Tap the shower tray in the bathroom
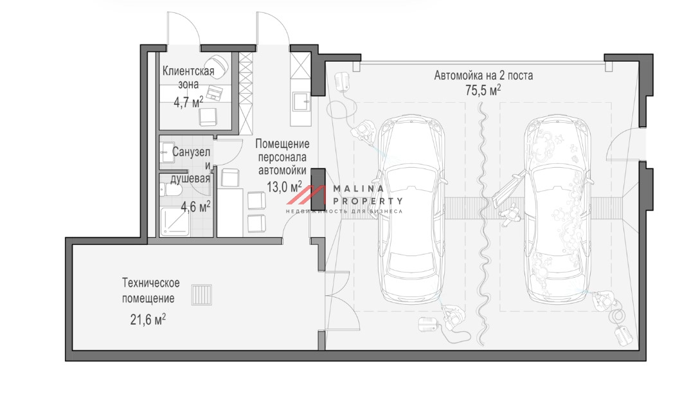(174, 221)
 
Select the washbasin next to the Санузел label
(166, 152)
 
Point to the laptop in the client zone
(215, 93)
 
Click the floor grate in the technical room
(202, 294)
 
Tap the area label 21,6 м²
(148, 319)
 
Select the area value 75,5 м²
(483, 90)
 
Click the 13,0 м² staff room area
(284, 186)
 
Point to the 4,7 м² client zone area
(188, 102)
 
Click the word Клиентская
(188, 71)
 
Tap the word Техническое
(150, 282)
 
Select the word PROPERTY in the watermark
(368, 201)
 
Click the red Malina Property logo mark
(307, 195)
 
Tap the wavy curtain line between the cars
(483, 222)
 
